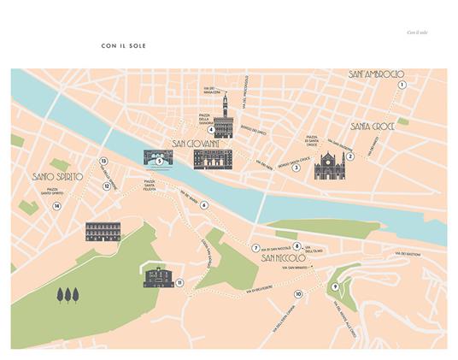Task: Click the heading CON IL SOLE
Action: [x=123, y=44]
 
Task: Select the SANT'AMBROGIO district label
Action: [x=376, y=75]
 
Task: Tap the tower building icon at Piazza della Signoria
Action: [x=224, y=117]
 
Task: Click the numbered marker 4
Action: [x=210, y=130]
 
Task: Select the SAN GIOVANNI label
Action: [x=203, y=144]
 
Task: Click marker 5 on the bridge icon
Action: [x=160, y=160]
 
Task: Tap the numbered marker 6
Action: [x=204, y=205]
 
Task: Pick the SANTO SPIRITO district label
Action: [x=57, y=176]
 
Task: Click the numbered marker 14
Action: [x=57, y=205]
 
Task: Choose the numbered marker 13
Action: [x=103, y=161]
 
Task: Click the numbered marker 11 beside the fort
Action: [x=179, y=282]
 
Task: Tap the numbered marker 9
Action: [x=335, y=286]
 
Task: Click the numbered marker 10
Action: [x=297, y=294]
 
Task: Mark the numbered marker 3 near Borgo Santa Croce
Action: [x=296, y=168]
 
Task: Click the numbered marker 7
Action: [x=255, y=248]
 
